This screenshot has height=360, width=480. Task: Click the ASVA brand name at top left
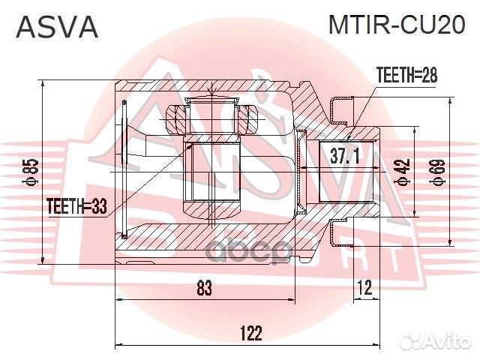pos(57,28)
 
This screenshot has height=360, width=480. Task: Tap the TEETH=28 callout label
pos(405,75)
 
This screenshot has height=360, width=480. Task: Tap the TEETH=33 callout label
pos(77,205)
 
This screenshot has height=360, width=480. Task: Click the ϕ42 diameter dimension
pos(403,171)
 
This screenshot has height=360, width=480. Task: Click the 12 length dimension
pos(364,287)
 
